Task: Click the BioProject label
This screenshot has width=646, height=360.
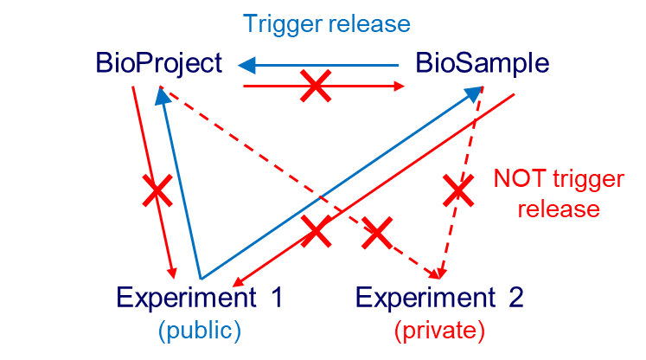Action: (x=161, y=64)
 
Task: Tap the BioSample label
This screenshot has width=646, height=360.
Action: (x=483, y=64)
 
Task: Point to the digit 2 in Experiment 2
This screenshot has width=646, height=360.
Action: (x=515, y=299)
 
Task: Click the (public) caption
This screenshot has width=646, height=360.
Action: (x=199, y=330)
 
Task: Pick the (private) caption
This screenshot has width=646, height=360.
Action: (x=439, y=330)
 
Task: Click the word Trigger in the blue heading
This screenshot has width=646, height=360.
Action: (x=278, y=24)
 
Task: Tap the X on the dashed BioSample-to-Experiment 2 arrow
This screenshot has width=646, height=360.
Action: (x=458, y=190)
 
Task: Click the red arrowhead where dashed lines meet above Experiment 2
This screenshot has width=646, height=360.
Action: (x=438, y=273)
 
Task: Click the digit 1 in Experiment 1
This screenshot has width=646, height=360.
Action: (x=276, y=299)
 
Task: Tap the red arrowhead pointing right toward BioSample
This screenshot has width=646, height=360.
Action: (x=400, y=87)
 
